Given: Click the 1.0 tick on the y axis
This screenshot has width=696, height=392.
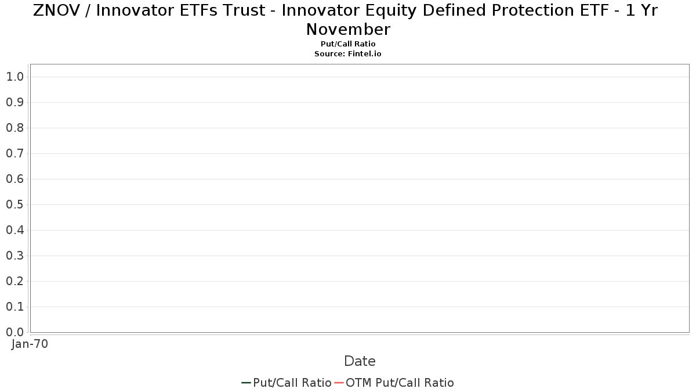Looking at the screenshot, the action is click(15, 77).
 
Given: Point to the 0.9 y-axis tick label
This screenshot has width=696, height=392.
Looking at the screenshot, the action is click(15, 102).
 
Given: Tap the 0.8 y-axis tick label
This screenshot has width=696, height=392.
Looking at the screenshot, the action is click(15, 128).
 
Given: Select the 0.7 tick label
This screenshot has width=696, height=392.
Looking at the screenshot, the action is click(15, 153).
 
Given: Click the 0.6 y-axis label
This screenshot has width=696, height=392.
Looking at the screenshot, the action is click(15, 179).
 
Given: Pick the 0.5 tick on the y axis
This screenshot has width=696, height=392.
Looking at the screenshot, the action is click(15, 204).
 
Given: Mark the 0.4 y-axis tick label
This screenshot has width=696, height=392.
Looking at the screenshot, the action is click(15, 230).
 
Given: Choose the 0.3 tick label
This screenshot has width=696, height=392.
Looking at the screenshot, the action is click(15, 256).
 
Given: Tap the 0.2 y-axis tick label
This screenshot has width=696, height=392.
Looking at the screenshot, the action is click(15, 281).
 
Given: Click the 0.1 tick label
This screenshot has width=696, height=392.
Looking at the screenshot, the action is click(15, 307).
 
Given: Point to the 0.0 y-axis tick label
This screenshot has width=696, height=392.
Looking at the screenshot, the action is click(15, 332).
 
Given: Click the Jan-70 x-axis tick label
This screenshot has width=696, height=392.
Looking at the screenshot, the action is click(30, 344).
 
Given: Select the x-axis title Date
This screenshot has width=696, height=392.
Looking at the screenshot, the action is click(360, 361).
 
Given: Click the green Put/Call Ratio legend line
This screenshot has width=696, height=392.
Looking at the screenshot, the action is click(246, 383).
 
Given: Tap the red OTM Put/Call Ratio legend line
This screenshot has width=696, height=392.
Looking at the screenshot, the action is click(339, 383).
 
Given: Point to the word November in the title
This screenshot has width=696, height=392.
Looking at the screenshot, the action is click(348, 30).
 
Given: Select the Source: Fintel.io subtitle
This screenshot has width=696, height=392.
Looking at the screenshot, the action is click(347, 54).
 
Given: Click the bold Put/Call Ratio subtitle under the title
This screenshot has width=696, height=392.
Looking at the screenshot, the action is click(348, 44).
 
